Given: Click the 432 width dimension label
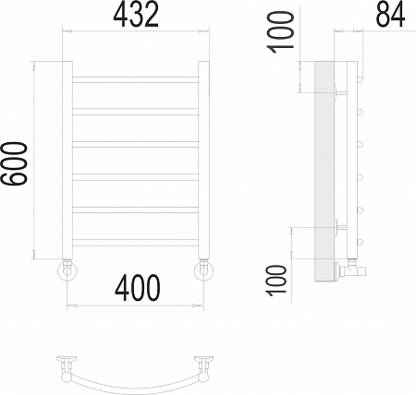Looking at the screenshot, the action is pyautogui.click(x=136, y=15).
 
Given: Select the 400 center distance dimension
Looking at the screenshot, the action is pyautogui.click(x=138, y=288).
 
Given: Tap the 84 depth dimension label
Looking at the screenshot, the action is pyautogui.click(x=390, y=15).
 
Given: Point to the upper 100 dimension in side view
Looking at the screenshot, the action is pyautogui.click(x=280, y=32).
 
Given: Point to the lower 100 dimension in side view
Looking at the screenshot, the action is pyautogui.click(x=276, y=281).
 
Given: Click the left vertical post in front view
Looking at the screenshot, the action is pyautogui.click(x=67, y=160).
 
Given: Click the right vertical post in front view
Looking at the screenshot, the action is pyautogui.click(x=203, y=160).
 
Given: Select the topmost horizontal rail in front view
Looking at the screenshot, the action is pyautogui.click(x=136, y=79).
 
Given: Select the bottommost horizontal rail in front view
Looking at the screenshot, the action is pyautogui.click(x=136, y=243).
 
